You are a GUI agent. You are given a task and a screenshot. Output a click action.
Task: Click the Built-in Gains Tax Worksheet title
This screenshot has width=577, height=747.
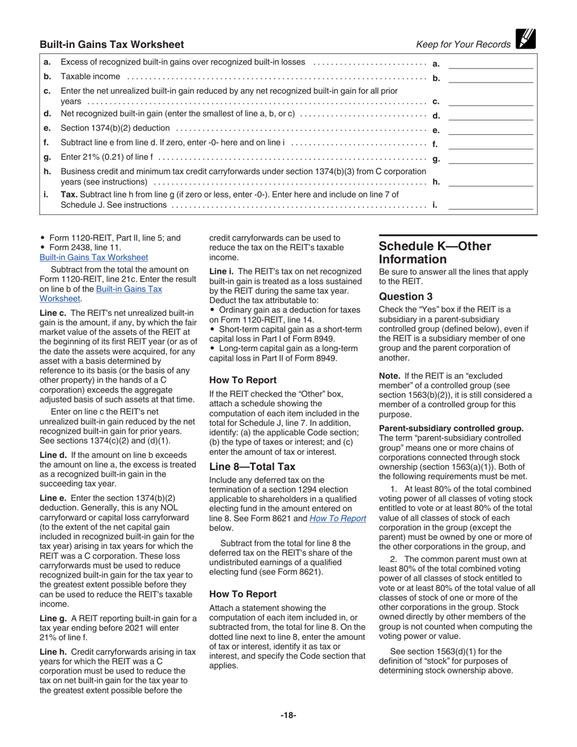click(x=112, y=44)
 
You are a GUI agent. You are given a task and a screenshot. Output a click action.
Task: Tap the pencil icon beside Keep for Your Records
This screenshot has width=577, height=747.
click(x=523, y=39)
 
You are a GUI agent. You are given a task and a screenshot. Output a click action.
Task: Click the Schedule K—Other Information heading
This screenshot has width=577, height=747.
click(x=435, y=253)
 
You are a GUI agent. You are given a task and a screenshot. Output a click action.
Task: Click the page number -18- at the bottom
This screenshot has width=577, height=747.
click(x=288, y=715)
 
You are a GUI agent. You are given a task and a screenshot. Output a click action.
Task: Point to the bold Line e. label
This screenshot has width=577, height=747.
click(x=52, y=497)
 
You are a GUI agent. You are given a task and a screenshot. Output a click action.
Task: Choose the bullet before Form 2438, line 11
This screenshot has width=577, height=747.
click(x=42, y=247)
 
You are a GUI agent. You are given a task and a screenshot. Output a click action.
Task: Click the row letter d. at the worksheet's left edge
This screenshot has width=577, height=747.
click(x=47, y=114)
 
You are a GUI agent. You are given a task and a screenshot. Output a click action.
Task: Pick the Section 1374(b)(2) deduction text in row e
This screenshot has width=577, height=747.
click(x=116, y=129)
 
